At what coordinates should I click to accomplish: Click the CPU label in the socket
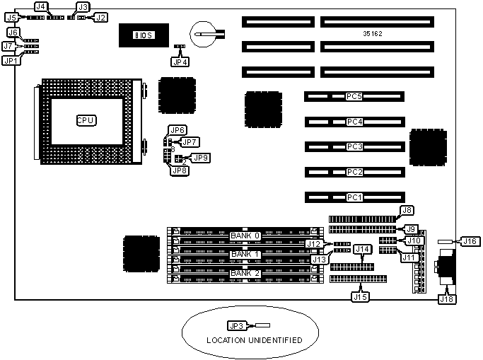(86, 120)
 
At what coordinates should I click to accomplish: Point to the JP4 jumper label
(180, 61)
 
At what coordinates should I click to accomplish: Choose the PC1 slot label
(354, 197)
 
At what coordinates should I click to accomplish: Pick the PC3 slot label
(354, 146)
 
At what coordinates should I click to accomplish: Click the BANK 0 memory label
(246, 235)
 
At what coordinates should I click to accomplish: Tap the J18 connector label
(447, 299)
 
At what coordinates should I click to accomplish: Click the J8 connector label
(407, 210)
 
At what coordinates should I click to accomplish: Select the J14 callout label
(362, 249)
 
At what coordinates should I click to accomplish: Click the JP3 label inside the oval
(235, 326)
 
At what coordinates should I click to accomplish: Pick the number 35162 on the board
(373, 33)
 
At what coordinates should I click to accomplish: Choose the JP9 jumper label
(200, 157)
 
